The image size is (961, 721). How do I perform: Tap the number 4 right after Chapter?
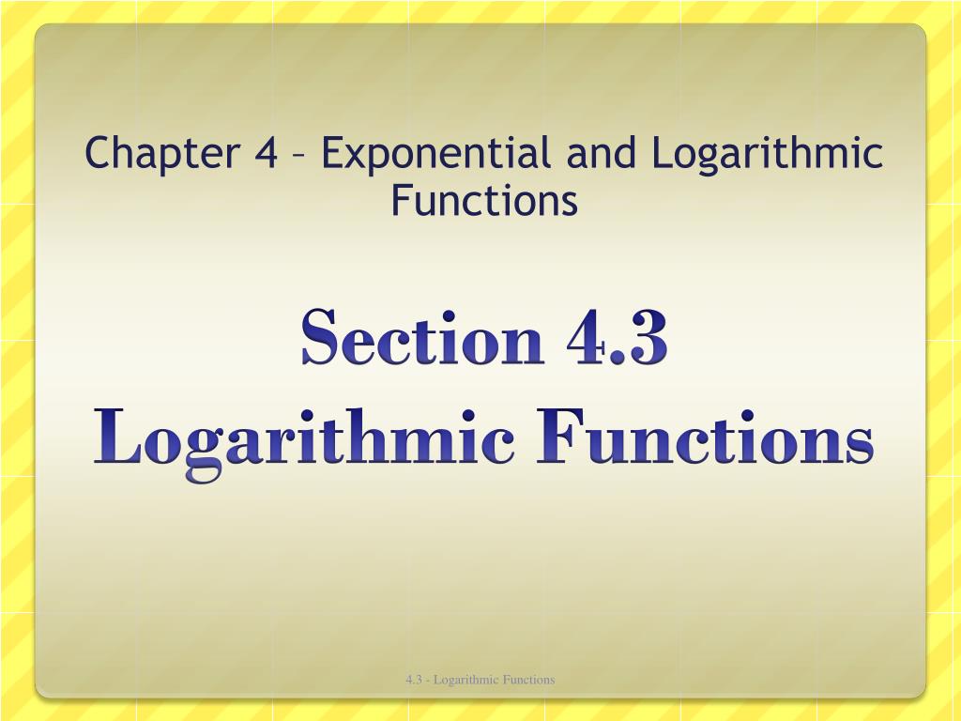click(265, 153)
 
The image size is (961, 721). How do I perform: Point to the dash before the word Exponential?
click(299, 156)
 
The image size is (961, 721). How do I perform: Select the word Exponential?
click(436, 154)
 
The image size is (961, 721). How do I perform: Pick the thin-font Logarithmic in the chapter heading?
click(768, 153)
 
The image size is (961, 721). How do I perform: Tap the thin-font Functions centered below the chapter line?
click(484, 200)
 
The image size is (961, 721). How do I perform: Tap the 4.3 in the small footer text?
click(413, 680)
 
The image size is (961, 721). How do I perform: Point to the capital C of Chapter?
click(97, 153)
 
